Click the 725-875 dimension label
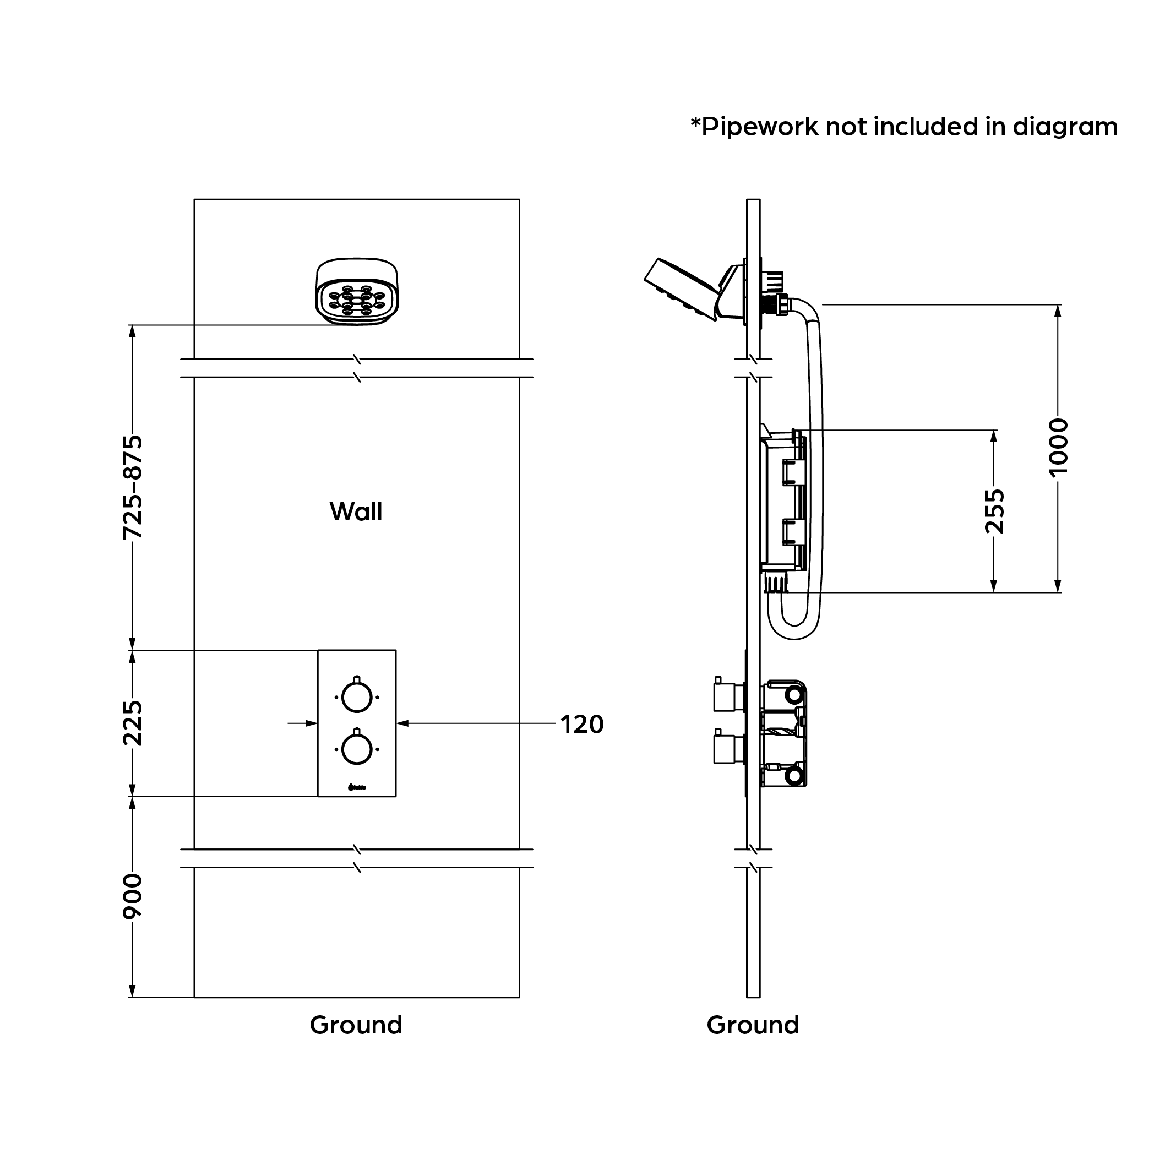[x=133, y=487]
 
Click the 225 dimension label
[x=133, y=723]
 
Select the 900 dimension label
[x=133, y=896]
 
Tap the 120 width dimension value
[x=582, y=725]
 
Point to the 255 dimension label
[x=994, y=511]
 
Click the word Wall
[x=356, y=512]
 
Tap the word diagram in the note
[x=1065, y=127]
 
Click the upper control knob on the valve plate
[x=357, y=697]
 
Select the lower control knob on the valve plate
[x=357, y=749]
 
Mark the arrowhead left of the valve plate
[x=311, y=723]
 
